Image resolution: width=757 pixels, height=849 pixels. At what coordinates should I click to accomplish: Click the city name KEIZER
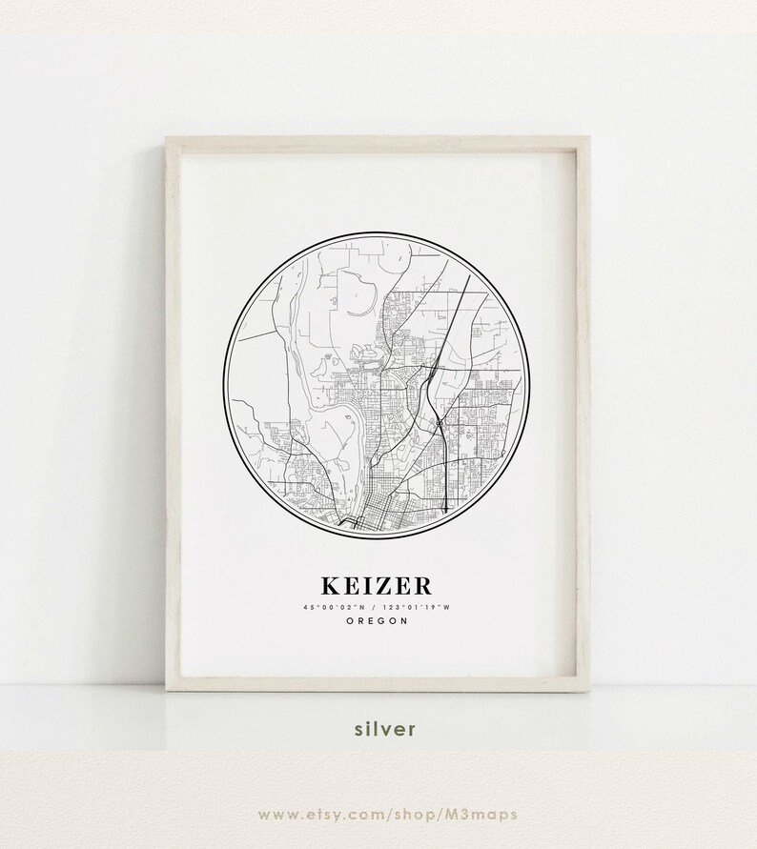(378, 584)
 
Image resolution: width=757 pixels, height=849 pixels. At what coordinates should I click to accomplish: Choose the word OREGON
(378, 620)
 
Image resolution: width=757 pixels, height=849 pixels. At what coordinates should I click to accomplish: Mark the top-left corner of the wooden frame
(166, 137)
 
